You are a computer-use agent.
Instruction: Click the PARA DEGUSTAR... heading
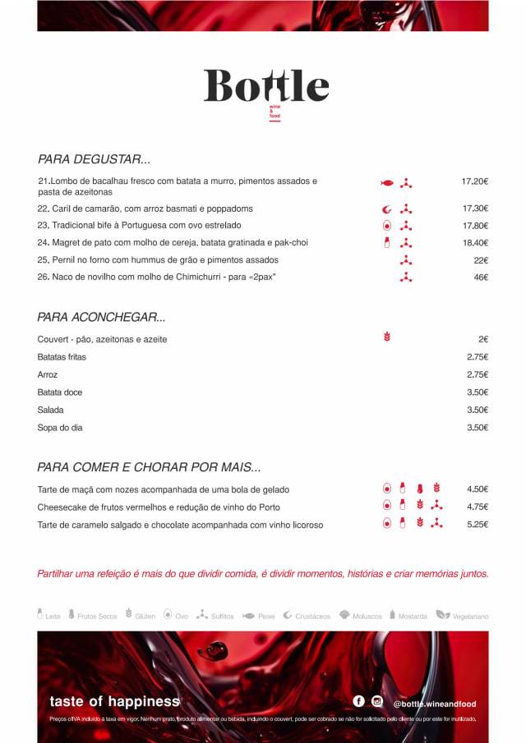pyautogui.click(x=94, y=159)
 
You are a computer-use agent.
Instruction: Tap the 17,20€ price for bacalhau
pyautogui.click(x=475, y=181)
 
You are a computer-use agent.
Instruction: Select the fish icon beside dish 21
pyautogui.click(x=387, y=182)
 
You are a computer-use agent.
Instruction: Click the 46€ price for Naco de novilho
pyautogui.click(x=481, y=277)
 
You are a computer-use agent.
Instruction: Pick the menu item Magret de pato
pyautogui.click(x=173, y=243)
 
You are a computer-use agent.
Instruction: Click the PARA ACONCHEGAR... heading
pyautogui.click(x=101, y=317)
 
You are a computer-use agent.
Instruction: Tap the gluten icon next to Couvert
pyautogui.click(x=387, y=337)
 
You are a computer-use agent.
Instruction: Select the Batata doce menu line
pyautogui.click(x=60, y=392)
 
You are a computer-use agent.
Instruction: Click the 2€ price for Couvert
pyautogui.click(x=483, y=339)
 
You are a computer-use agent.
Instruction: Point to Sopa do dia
pyautogui.click(x=60, y=428)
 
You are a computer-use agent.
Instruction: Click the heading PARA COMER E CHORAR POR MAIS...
pyautogui.click(x=149, y=467)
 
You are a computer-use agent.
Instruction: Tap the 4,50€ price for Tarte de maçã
pyautogui.click(x=478, y=489)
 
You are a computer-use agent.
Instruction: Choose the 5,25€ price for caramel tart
pyautogui.click(x=478, y=525)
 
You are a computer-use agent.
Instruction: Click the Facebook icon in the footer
pyautogui.click(x=359, y=701)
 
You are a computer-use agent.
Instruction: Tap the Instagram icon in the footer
pyautogui.click(x=377, y=701)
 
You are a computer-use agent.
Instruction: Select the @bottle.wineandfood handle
pyautogui.click(x=434, y=704)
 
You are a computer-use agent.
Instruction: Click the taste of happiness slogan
pyautogui.click(x=114, y=701)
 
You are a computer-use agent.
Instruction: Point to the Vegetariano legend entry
pyautogui.click(x=463, y=615)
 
